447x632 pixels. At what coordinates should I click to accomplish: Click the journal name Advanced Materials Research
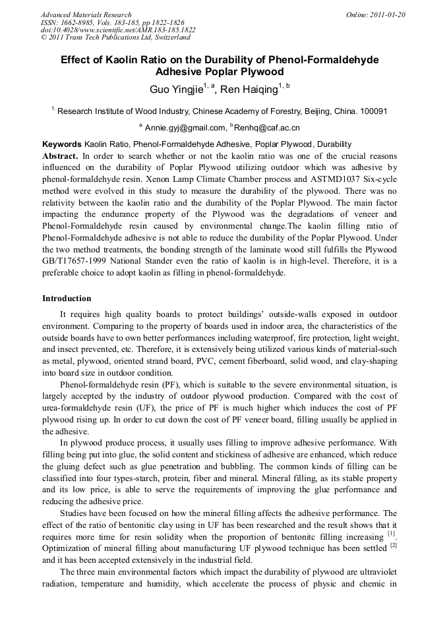86,14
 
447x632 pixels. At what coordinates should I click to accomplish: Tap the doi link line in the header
118,30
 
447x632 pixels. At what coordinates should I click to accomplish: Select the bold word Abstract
61,156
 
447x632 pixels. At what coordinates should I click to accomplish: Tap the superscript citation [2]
393,545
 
